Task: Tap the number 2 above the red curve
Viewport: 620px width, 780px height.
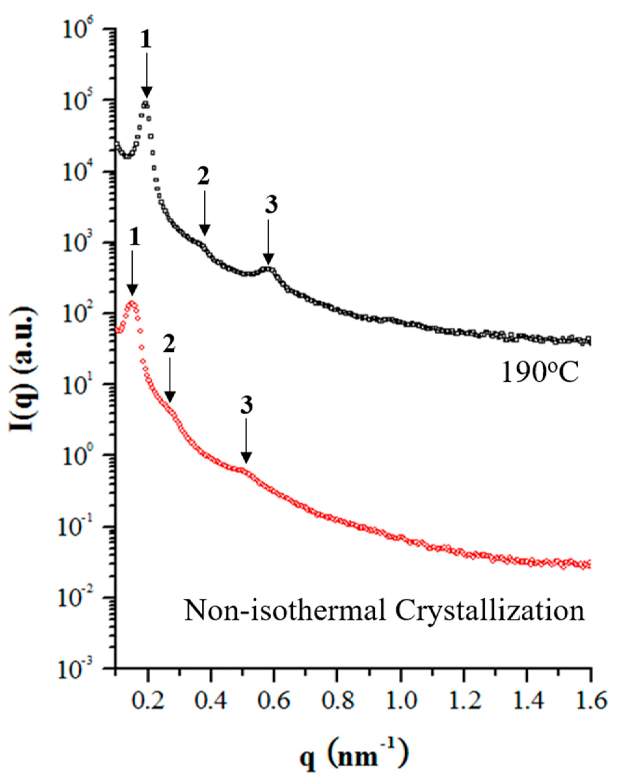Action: [x=169, y=345]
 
